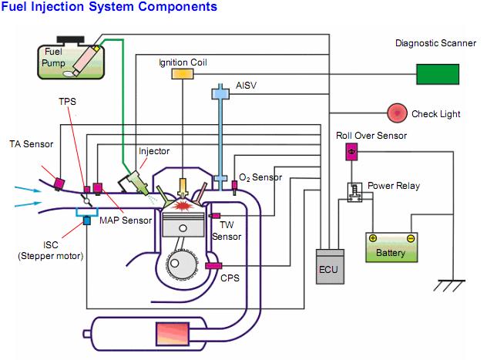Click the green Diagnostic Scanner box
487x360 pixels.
[437, 73]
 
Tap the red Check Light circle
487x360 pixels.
[398, 113]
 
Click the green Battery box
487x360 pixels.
[391, 249]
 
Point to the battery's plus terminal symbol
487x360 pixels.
[373, 238]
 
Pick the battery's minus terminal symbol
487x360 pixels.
[410, 238]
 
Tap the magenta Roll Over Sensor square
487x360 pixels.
[351, 152]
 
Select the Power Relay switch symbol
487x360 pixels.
[355, 192]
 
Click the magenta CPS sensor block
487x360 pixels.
[213, 266]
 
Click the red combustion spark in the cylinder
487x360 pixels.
[183, 206]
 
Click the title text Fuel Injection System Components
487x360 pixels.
[109, 7]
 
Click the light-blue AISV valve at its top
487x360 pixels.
[221, 93]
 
